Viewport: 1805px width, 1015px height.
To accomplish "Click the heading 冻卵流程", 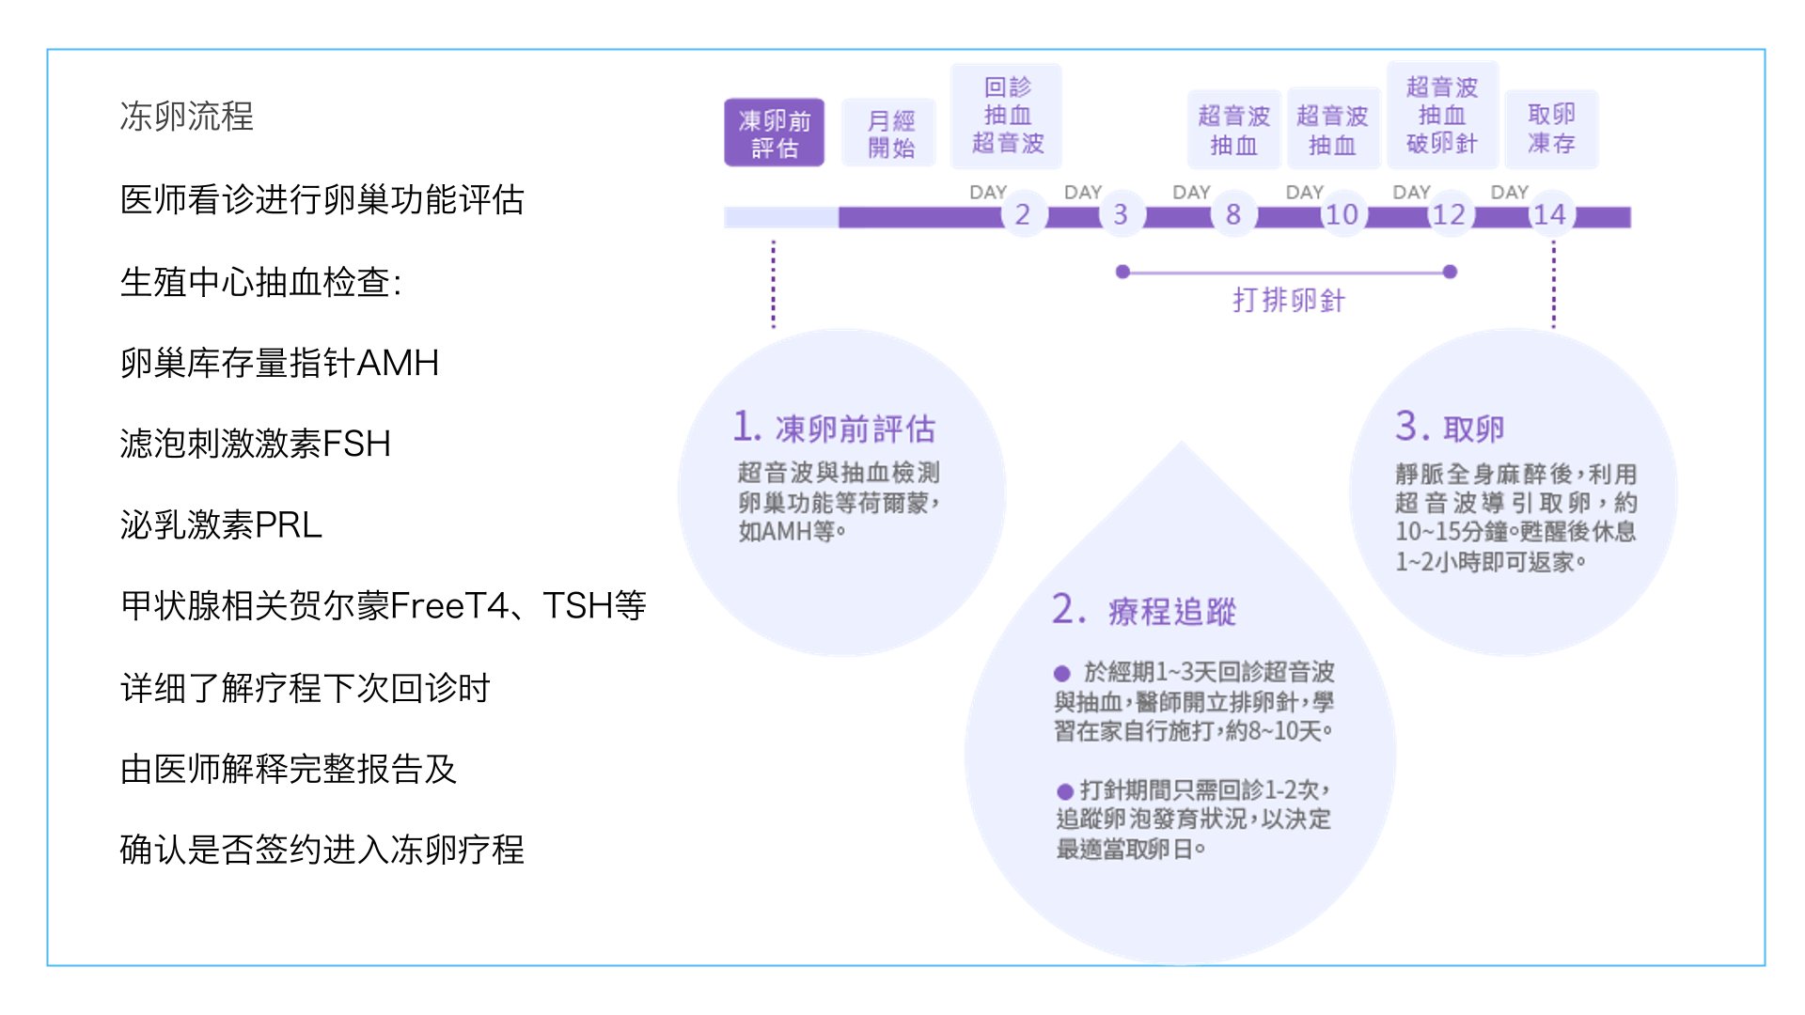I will coord(186,117).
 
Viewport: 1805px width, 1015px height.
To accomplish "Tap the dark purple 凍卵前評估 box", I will coord(774,133).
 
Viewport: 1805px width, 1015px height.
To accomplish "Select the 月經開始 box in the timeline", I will coord(889,133).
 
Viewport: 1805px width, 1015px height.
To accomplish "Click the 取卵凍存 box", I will coord(1551,129).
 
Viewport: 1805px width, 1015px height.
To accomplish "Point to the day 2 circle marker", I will coord(1022,214).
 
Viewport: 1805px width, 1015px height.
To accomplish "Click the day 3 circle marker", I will coord(1120,214).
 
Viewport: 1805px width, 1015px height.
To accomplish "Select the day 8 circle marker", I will coord(1232,214).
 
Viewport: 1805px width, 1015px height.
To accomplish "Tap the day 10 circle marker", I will coord(1342,214).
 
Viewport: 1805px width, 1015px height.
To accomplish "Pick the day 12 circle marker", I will coord(1449,214).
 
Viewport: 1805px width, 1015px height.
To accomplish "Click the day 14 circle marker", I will coord(1549,214).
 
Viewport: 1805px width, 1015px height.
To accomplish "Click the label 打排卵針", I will coord(1288,300).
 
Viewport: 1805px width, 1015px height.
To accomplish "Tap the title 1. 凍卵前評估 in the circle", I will coord(834,428).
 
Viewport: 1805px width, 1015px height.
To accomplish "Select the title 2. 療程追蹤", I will coord(1143,610).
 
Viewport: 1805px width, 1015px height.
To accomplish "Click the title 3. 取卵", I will coord(1449,428).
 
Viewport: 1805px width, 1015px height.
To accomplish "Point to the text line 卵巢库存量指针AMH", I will coord(279,363).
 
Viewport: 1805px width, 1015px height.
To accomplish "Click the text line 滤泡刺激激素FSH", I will coord(255,444).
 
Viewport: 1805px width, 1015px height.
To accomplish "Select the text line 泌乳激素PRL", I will coord(221,524).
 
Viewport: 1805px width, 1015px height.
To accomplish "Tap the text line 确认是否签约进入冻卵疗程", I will coord(322,850).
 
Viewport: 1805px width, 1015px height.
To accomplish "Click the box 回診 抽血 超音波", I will coord(1007,116).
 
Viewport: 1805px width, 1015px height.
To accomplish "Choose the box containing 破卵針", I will coord(1441,116).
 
